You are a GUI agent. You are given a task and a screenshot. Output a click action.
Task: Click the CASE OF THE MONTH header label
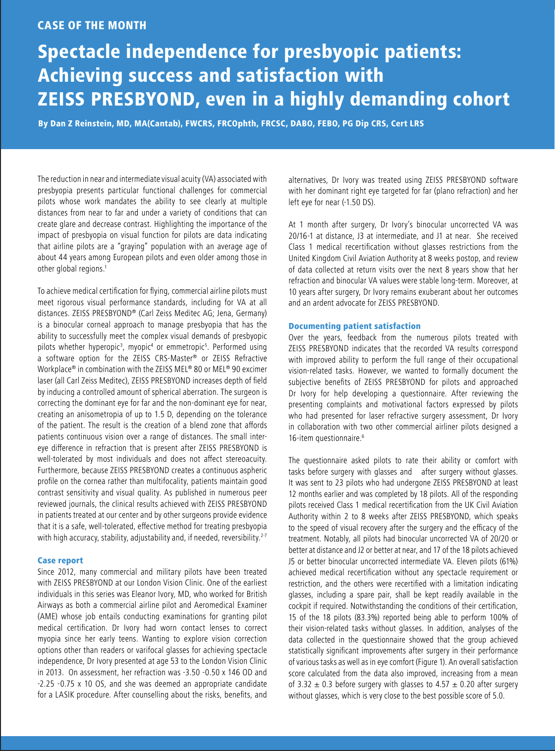coord(92,25)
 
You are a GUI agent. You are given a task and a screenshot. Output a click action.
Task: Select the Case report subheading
coord(60,560)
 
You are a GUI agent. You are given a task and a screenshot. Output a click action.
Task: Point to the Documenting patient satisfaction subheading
coord(354,326)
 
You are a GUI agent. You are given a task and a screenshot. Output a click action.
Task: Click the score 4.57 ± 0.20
coord(430,684)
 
